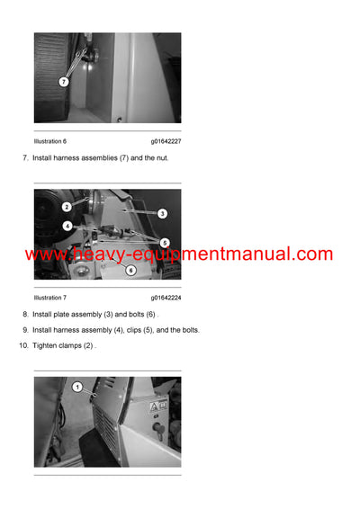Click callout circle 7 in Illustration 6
pos(63,82)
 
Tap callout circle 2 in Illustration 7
pos(67,207)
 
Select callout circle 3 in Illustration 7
pos(162,213)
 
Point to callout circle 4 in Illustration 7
pos(67,226)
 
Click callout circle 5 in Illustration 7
pos(164,242)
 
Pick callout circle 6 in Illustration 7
pos(130,270)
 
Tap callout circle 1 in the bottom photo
pos(77,388)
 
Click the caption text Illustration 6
pos(50,141)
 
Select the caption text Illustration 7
pos(50,298)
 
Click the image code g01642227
pos(166,141)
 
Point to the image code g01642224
pos(166,298)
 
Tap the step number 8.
pos(25,314)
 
